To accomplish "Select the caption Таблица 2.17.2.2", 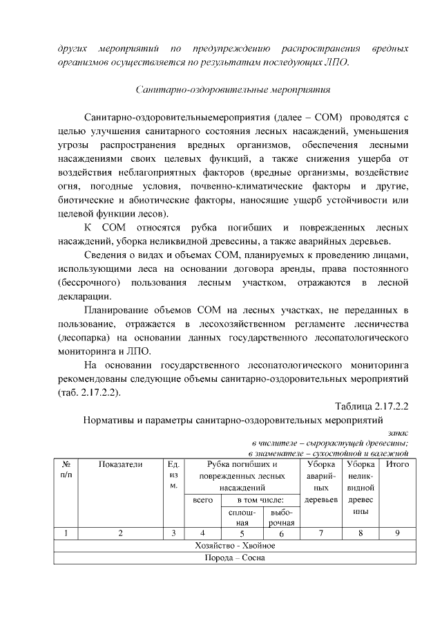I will (x=372, y=405).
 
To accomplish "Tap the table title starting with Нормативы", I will (x=233, y=419).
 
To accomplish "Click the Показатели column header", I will (x=120, y=465).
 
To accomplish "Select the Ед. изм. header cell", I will (x=173, y=476).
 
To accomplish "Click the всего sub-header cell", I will (x=202, y=499).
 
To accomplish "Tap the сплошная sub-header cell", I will (x=242, y=517).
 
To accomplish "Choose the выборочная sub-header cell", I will (x=281, y=517).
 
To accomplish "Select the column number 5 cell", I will (x=242, y=533).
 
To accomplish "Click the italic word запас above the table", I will (x=398, y=432).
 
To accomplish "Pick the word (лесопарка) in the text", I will (x=86, y=338).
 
